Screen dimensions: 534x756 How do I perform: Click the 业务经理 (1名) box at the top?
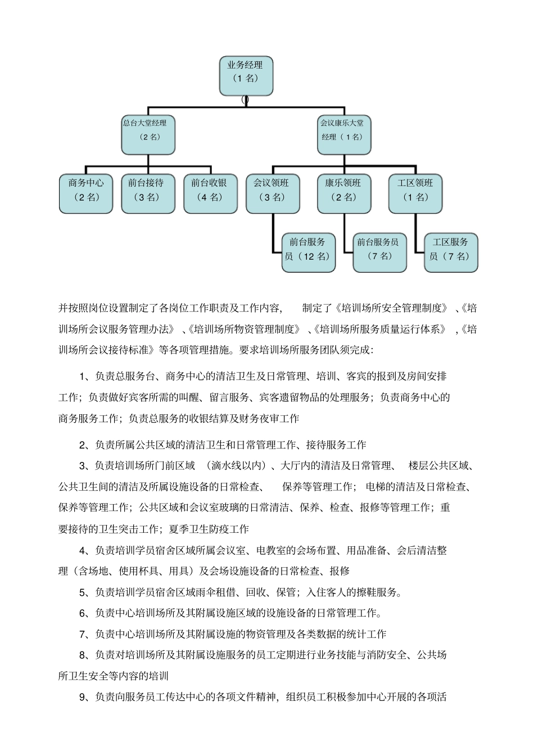[246, 75]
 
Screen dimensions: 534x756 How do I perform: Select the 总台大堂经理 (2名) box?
[148, 135]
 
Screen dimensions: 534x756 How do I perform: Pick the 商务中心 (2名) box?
[86, 194]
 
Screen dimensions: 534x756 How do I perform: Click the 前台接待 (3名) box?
[148, 194]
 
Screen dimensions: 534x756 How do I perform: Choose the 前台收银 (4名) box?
[210, 194]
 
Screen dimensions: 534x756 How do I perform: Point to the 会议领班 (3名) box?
[273, 194]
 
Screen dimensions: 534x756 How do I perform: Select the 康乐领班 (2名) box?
[344, 194]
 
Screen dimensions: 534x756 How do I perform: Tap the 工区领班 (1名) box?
[415, 194]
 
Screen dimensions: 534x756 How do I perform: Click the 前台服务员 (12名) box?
[308, 253]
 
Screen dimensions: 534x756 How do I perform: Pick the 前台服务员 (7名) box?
[379, 253]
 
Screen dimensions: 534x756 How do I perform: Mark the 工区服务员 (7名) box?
[451, 253]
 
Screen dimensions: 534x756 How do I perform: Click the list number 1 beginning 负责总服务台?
[83, 377]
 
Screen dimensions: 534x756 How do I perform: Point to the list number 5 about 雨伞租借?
[83, 592]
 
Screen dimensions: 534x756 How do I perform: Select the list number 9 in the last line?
[83, 698]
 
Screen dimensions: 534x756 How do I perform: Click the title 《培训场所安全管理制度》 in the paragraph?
[392, 308]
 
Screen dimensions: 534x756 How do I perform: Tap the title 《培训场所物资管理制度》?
[243, 329]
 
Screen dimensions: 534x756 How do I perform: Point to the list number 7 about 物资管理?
[83, 635]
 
